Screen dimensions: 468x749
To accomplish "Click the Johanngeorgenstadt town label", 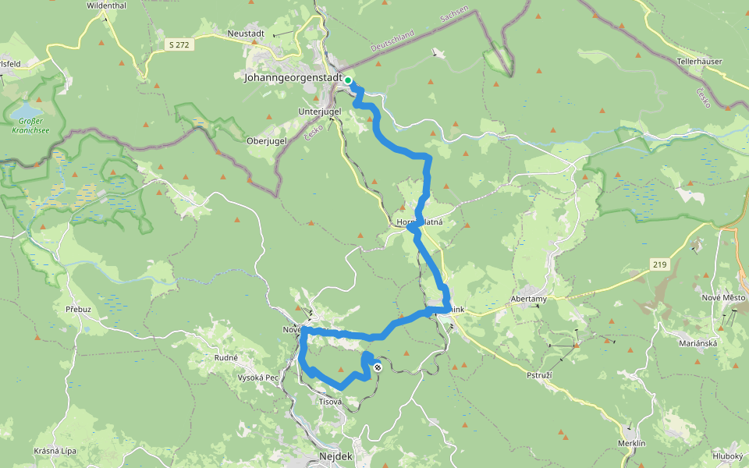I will (293, 79).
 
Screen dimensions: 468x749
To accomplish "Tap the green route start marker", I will (348, 80).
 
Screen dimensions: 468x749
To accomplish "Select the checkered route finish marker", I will (378, 367).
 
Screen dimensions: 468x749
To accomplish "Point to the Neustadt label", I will (247, 34).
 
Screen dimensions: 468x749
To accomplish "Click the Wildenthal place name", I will (107, 5).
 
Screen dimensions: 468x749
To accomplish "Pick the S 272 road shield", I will (179, 45).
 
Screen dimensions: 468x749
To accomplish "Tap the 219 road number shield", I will (659, 265).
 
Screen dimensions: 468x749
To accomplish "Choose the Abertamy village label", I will (528, 299).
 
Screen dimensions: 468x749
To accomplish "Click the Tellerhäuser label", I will (699, 61).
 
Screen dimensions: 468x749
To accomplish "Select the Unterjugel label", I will (320, 112).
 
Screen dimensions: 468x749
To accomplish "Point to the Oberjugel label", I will (266, 141).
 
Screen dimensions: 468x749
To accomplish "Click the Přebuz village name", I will (79, 310).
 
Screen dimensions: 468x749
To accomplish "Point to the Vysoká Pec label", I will (258, 378).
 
